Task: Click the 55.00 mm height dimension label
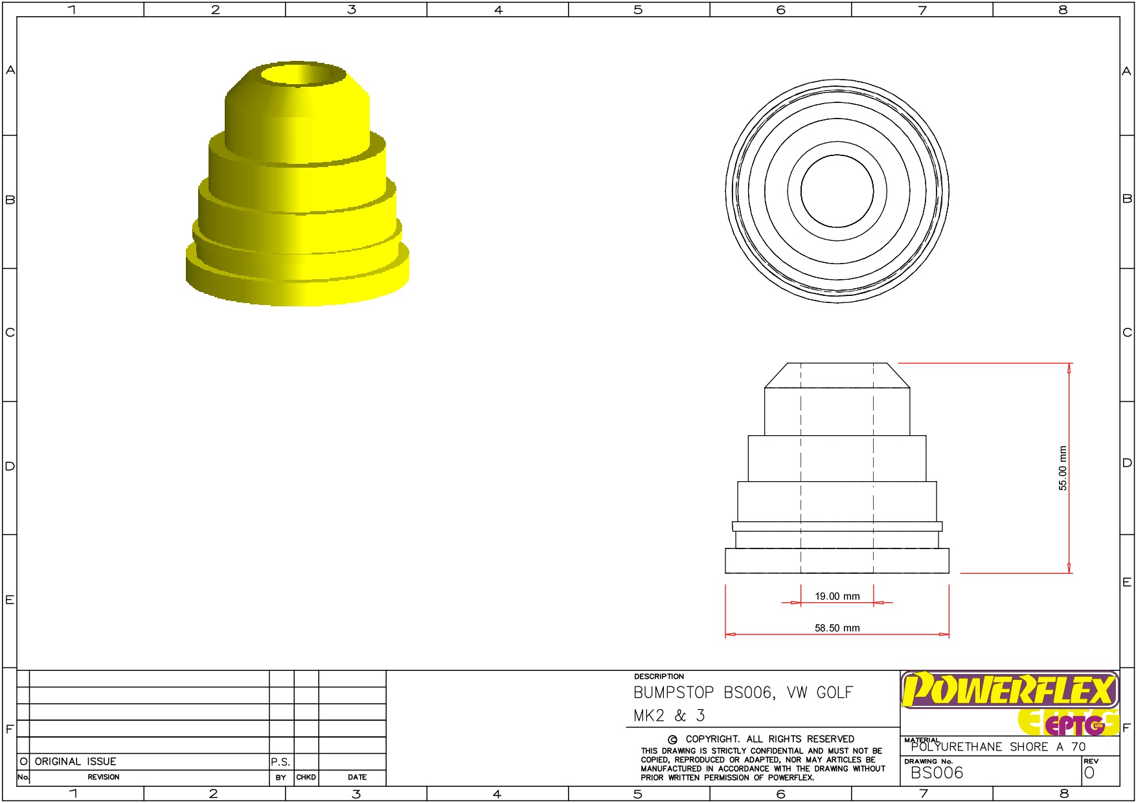pyautogui.click(x=1062, y=468)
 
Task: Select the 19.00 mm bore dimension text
pyautogui.click(x=837, y=596)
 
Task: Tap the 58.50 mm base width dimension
pyautogui.click(x=837, y=628)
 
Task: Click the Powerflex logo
pyautogui.click(x=1009, y=690)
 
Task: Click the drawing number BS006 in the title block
pyautogui.click(x=937, y=773)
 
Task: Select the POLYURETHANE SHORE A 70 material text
pyautogui.click(x=997, y=747)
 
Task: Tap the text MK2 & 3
pyautogui.click(x=669, y=716)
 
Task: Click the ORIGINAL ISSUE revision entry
pyautogui.click(x=75, y=762)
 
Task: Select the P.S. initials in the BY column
pyautogui.click(x=280, y=762)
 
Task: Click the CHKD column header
pyautogui.click(x=306, y=777)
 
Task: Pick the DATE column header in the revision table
pyautogui.click(x=357, y=777)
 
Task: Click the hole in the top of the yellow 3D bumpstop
pyautogui.click(x=303, y=75)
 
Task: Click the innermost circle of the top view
pyautogui.click(x=837, y=191)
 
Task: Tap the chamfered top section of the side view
pyautogui.click(x=837, y=376)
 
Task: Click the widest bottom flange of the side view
pyautogui.click(x=837, y=561)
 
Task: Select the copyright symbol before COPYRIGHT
pyautogui.click(x=672, y=740)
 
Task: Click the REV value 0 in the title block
pyautogui.click(x=1089, y=773)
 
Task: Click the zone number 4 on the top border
pyautogui.click(x=498, y=10)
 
